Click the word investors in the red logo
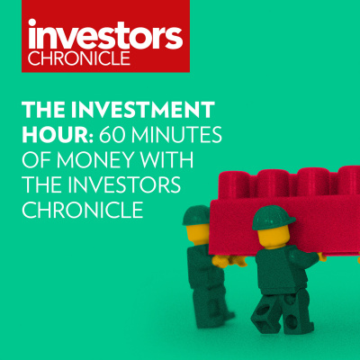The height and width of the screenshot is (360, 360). point(104,36)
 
